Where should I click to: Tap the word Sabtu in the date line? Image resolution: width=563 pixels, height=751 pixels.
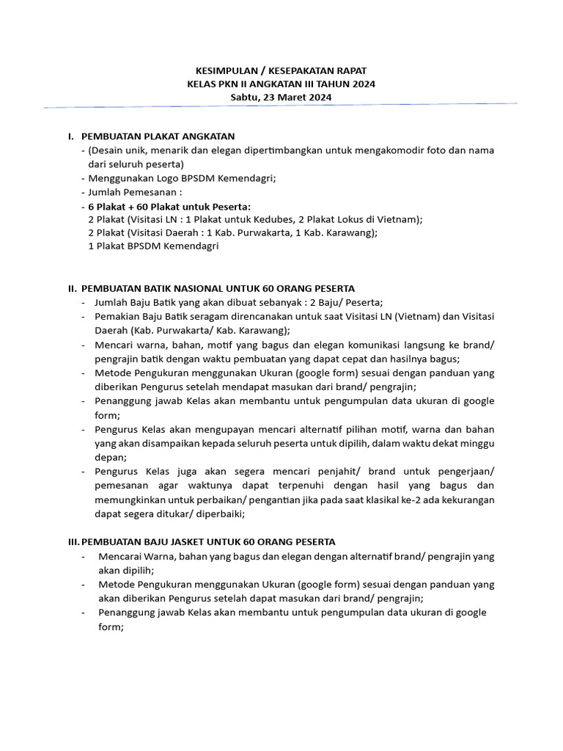click(x=245, y=97)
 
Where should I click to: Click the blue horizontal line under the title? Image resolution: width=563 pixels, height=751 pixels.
click(x=281, y=106)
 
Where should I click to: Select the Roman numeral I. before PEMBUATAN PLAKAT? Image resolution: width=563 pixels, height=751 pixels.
click(x=70, y=136)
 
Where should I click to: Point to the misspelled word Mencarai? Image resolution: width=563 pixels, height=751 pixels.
click(x=118, y=557)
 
